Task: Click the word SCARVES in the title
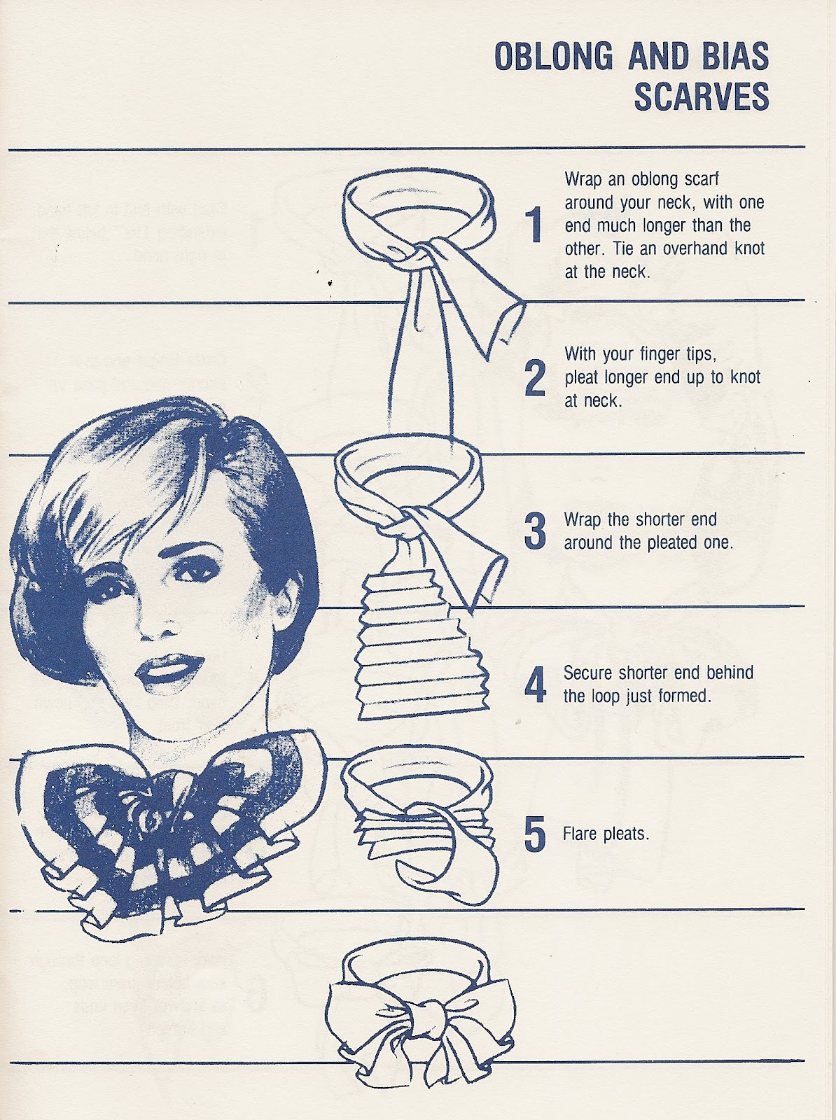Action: (701, 97)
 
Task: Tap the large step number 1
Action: (535, 225)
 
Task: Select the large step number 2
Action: (535, 378)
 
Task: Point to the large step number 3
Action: (535, 531)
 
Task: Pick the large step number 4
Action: (535, 685)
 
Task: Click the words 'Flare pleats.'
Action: (606, 834)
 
